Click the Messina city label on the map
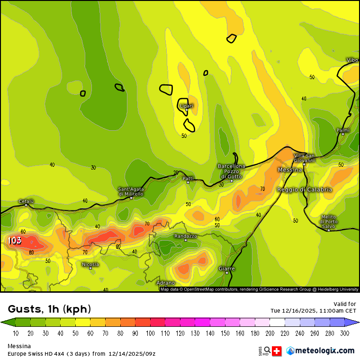click(x=290, y=170)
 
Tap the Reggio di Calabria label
click(x=305, y=189)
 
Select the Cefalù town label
click(x=26, y=201)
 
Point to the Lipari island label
click(x=187, y=106)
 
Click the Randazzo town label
click(x=185, y=236)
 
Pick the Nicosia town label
click(x=90, y=264)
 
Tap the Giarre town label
click(x=226, y=269)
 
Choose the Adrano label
click(x=165, y=283)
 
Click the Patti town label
click(x=188, y=178)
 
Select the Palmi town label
click(x=343, y=130)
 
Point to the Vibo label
click(x=352, y=60)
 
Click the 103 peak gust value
click(x=15, y=241)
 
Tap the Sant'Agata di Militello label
click(x=131, y=191)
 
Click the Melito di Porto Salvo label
click(x=329, y=222)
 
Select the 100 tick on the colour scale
click(x=151, y=333)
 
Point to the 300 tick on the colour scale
click(x=345, y=333)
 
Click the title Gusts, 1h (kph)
click(x=50, y=309)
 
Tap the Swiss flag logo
click(x=278, y=351)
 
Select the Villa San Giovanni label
click(x=304, y=158)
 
